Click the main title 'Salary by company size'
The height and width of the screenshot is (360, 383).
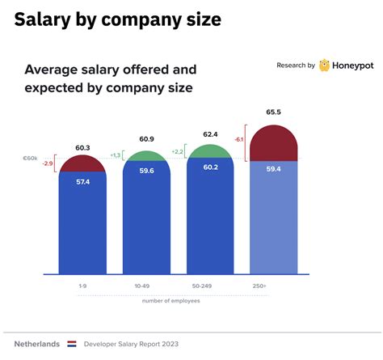point(117,20)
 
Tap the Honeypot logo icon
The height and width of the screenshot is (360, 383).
point(324,66)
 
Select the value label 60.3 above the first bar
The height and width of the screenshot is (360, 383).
point(82,147)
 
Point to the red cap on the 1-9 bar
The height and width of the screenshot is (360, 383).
point(82,164)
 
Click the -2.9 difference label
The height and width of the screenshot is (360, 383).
point(49,164)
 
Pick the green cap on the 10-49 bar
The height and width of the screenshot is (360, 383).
point(145,157)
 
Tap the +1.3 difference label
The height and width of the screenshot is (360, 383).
point(114,155)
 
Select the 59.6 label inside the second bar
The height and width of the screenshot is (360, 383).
point(145,172)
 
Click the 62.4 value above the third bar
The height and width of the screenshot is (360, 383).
point(210,134)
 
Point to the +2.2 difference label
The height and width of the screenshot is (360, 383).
point(179,151)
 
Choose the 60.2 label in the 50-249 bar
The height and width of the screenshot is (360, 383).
point(210,168)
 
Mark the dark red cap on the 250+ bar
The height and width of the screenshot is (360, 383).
point(274,144)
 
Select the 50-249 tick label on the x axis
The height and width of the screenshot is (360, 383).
point(210,286)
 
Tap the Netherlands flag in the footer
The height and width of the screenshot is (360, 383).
point(71,344)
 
